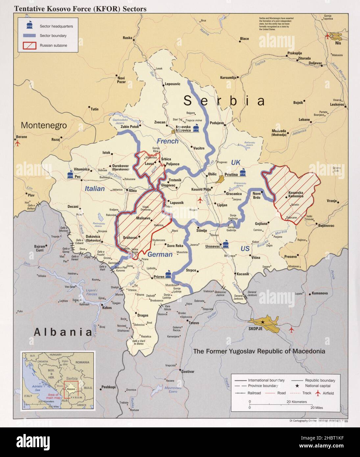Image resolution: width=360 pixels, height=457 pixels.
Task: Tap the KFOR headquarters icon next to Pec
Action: pos(70,174)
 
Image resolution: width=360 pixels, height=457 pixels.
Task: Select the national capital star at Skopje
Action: pos(263,323)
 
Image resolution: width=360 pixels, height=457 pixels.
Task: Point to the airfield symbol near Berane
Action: pos(17,144)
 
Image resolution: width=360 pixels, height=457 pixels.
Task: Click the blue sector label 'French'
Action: pos(167,141)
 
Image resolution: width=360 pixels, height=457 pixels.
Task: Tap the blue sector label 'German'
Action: pos(160,254)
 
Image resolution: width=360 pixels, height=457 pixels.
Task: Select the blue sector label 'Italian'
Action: pos(95,189)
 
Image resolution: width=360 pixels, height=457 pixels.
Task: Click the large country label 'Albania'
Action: pos(62,332)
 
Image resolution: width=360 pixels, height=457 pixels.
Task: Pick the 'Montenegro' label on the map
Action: pos(44,125)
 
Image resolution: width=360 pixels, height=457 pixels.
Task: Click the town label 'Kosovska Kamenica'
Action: pos(296,194)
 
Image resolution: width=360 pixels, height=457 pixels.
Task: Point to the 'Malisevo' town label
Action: pos(143,218)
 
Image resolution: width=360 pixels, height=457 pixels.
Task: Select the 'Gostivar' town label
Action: pos(188,372)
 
